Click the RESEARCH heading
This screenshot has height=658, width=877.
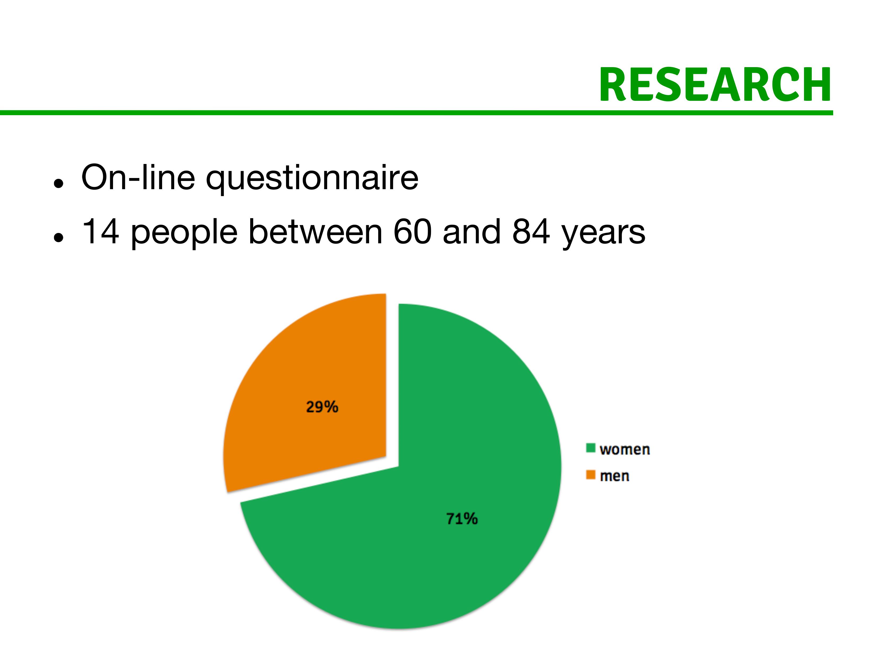pos(715,85)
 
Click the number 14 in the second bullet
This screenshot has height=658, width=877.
pos(100,232)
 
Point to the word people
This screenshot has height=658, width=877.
pos(184,234)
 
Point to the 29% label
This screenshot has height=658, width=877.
pos(322,407)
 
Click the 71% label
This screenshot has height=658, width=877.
pos(462,518)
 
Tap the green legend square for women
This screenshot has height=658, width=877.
pos(591,448)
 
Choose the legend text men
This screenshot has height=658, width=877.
pos(615,476)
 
